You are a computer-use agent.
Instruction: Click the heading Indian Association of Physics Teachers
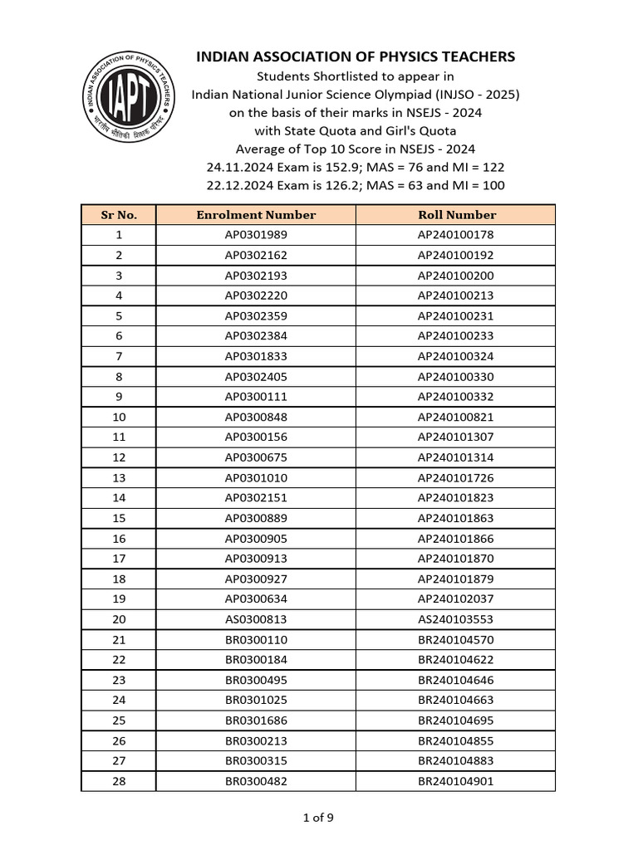(355, 56)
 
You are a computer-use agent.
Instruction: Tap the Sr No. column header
(119, 214)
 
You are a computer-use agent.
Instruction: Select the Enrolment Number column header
(256, 214)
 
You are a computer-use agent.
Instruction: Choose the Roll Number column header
(456, 214)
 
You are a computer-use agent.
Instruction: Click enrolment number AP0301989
(256, 235)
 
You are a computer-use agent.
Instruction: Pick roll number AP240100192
(456, 255)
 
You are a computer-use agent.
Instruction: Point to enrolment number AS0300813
(256, 619)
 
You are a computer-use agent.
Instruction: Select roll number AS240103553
(456, 619)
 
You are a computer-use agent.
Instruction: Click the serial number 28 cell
(119, 781)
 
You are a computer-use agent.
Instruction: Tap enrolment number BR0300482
(256, 781)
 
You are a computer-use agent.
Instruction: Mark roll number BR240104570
(456, 639)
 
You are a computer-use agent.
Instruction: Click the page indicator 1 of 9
(318, 818)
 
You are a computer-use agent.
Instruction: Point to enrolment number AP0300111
(256, 397)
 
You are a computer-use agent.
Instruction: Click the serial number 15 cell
(119, 518)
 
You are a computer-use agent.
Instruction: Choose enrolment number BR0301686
(256, 721)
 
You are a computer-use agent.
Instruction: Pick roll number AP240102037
(456, 598)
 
